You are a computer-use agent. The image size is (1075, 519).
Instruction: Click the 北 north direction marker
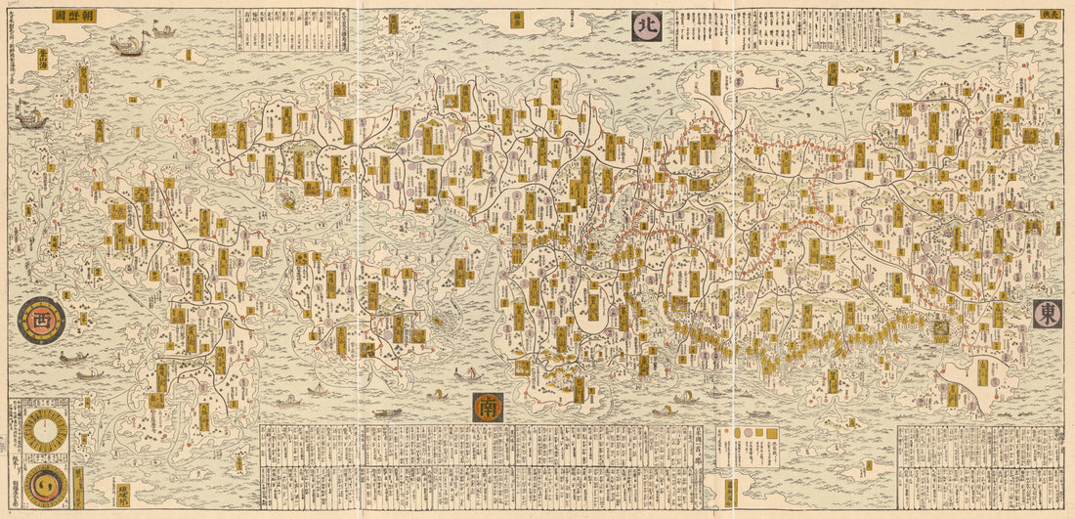coord(646,26)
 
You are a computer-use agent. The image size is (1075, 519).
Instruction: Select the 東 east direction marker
coord(1047,313)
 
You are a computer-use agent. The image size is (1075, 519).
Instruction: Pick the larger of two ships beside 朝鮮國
coord(125,44)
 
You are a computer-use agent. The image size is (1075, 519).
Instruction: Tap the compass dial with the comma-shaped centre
coord(45,484)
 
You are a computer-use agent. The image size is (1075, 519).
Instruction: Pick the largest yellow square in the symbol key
coord(771,431)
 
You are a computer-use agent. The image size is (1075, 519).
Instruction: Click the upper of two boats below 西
coord(69,358)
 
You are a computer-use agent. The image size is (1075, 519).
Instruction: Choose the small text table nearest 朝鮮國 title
coord(260,27)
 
